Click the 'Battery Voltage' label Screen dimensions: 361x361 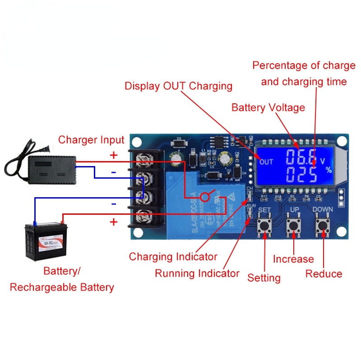pos(268,108)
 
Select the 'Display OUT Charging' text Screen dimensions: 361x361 pos(178,86)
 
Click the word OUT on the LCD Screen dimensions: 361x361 pos(266,162)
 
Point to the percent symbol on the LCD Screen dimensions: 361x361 pos(328,170)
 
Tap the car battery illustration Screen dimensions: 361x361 pos(44,242)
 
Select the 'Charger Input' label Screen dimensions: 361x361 pos(91,140)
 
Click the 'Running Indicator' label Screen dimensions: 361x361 pos(197,273)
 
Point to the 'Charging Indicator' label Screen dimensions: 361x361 pos(173,257)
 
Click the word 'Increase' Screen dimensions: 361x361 pos(293,259)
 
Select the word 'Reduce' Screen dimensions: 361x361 pos(324,274)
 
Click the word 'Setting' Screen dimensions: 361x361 pos(264,278)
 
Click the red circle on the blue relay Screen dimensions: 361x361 pos(205,197)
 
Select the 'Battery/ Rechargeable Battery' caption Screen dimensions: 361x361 pos(62,279)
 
